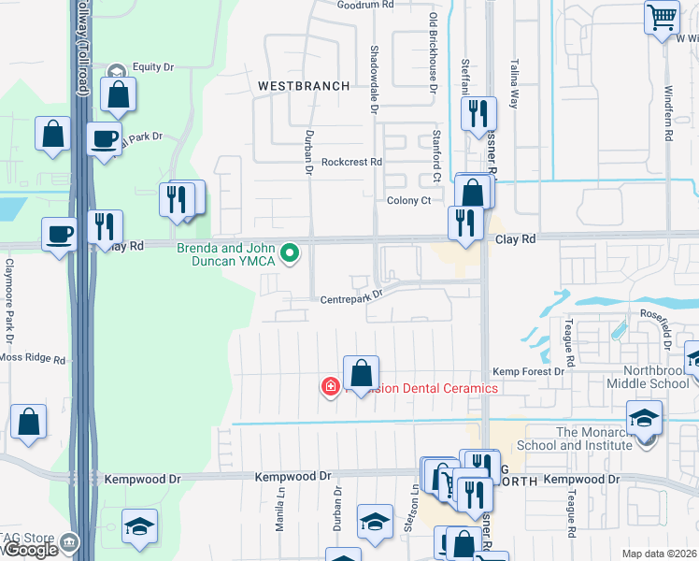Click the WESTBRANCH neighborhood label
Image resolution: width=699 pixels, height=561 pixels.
point(304,86)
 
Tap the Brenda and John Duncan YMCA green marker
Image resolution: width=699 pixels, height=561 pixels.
point(291,252)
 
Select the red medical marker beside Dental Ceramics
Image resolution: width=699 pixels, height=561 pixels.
point(330,386)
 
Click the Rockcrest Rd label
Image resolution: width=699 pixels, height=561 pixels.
point(351,162)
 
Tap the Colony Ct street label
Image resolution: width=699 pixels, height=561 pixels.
point(408,201)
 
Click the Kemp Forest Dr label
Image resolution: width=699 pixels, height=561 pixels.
point(529,372)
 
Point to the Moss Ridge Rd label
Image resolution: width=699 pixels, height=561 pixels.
point(34,359)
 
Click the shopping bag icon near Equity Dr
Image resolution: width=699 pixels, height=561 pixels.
point(120,94)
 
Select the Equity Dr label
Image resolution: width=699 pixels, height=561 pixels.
point(153,67)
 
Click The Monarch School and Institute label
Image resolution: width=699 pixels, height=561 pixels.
point(594,439)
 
